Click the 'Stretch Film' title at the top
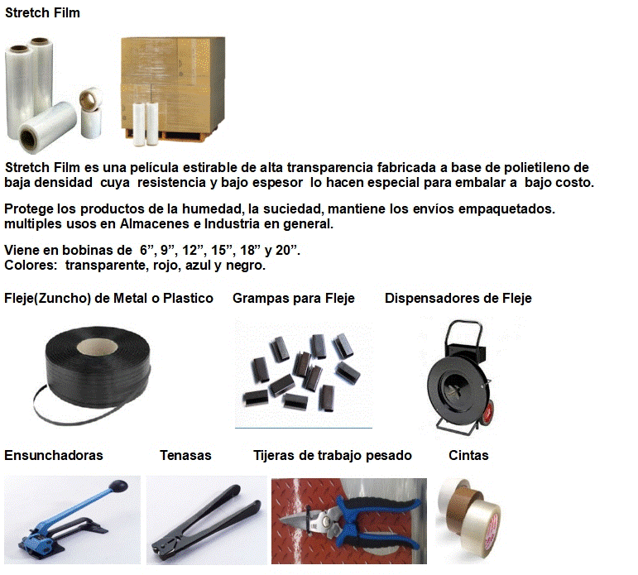click(42, 12)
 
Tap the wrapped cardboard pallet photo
click(173, 89)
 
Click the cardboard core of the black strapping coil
click(98, 347)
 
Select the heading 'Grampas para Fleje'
click(294, 299)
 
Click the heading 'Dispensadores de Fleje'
click(458, 299)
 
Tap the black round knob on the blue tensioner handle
click(118, 486)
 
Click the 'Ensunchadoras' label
click(53, 455)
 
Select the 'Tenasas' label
click(185, 455)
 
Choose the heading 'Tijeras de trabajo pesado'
click(333, 455)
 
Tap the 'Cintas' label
click(468, 455)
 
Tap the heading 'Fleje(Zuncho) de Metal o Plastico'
click(108, 299)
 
